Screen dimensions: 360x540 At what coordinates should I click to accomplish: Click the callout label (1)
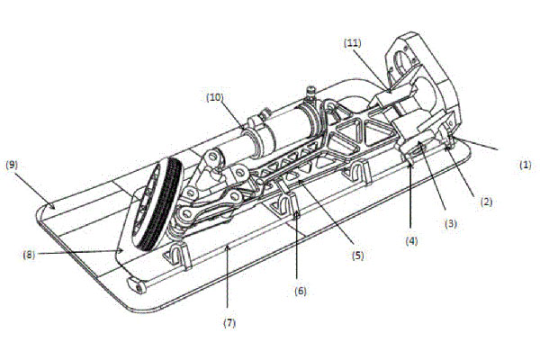coord(526,164)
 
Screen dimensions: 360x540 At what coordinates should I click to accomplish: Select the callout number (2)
coord(486,203)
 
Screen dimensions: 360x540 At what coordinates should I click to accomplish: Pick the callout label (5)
coord(357,255)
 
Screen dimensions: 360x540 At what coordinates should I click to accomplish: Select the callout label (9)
coord(13,165)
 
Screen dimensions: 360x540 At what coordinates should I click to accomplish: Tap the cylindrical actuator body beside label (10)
coord(274,135)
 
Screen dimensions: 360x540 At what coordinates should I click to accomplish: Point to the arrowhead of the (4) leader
coord(409,162)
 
